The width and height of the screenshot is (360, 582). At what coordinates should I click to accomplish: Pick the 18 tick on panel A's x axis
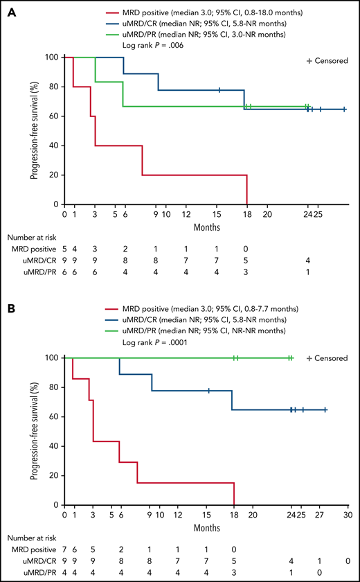[x=247, y=214]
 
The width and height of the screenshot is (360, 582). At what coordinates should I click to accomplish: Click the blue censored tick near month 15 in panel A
[x=219, y=90]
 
